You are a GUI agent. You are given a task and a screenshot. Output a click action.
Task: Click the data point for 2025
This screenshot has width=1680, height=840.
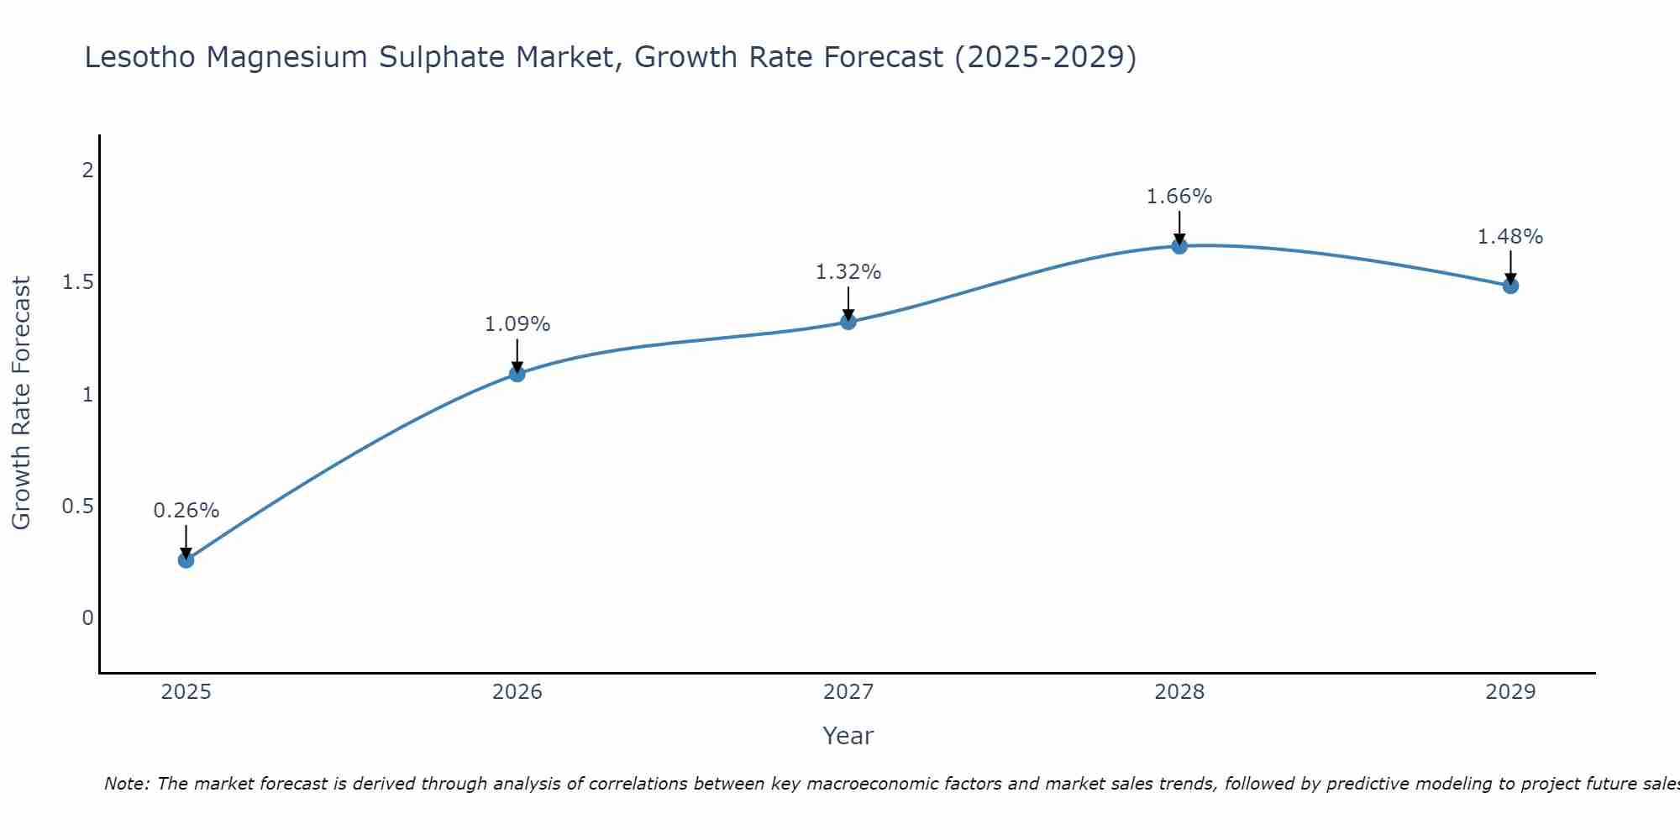point(186,560)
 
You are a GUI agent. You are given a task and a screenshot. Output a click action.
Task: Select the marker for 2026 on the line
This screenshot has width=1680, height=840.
point(517,374)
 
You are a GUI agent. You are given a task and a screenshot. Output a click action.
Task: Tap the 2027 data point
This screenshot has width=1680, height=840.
point(848,322)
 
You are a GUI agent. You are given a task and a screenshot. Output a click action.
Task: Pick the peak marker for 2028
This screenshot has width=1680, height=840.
point(1179,246)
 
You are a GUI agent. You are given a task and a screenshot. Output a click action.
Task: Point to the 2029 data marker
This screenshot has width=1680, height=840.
point(1510,286)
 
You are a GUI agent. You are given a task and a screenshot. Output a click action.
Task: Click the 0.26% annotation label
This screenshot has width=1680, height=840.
point(186,511)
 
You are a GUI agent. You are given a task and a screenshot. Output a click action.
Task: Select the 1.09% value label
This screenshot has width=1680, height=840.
point(517,324)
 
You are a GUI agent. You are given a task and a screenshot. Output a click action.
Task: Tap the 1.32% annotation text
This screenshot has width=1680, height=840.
point(848,272)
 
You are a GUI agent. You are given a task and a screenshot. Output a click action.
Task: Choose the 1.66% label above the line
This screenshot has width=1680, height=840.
point(1179,197)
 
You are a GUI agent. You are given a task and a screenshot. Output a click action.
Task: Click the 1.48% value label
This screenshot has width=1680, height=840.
point(1510,237)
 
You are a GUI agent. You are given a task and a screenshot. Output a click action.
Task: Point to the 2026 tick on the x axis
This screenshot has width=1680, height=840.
point(517,692)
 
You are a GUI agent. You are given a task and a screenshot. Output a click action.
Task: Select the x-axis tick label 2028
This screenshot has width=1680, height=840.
point(1179,692)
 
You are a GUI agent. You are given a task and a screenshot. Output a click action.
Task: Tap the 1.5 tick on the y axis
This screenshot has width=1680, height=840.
point(78,282)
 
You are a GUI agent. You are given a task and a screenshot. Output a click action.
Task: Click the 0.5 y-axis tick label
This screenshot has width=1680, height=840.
point(78,507)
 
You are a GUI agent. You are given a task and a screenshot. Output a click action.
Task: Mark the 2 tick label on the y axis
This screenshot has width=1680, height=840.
point(87,171)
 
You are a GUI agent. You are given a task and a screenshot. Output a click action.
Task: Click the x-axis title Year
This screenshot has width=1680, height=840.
point(848,736)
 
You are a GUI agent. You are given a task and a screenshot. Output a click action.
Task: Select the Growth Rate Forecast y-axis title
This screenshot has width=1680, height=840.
point(22,403)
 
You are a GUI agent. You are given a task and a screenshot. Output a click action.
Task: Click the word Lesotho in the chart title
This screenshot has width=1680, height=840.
point(141,58)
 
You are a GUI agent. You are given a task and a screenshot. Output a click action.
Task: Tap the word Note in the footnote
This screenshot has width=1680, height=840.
point(126,784)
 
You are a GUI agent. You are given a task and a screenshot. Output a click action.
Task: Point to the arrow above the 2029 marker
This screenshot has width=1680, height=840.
point(1510,267)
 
